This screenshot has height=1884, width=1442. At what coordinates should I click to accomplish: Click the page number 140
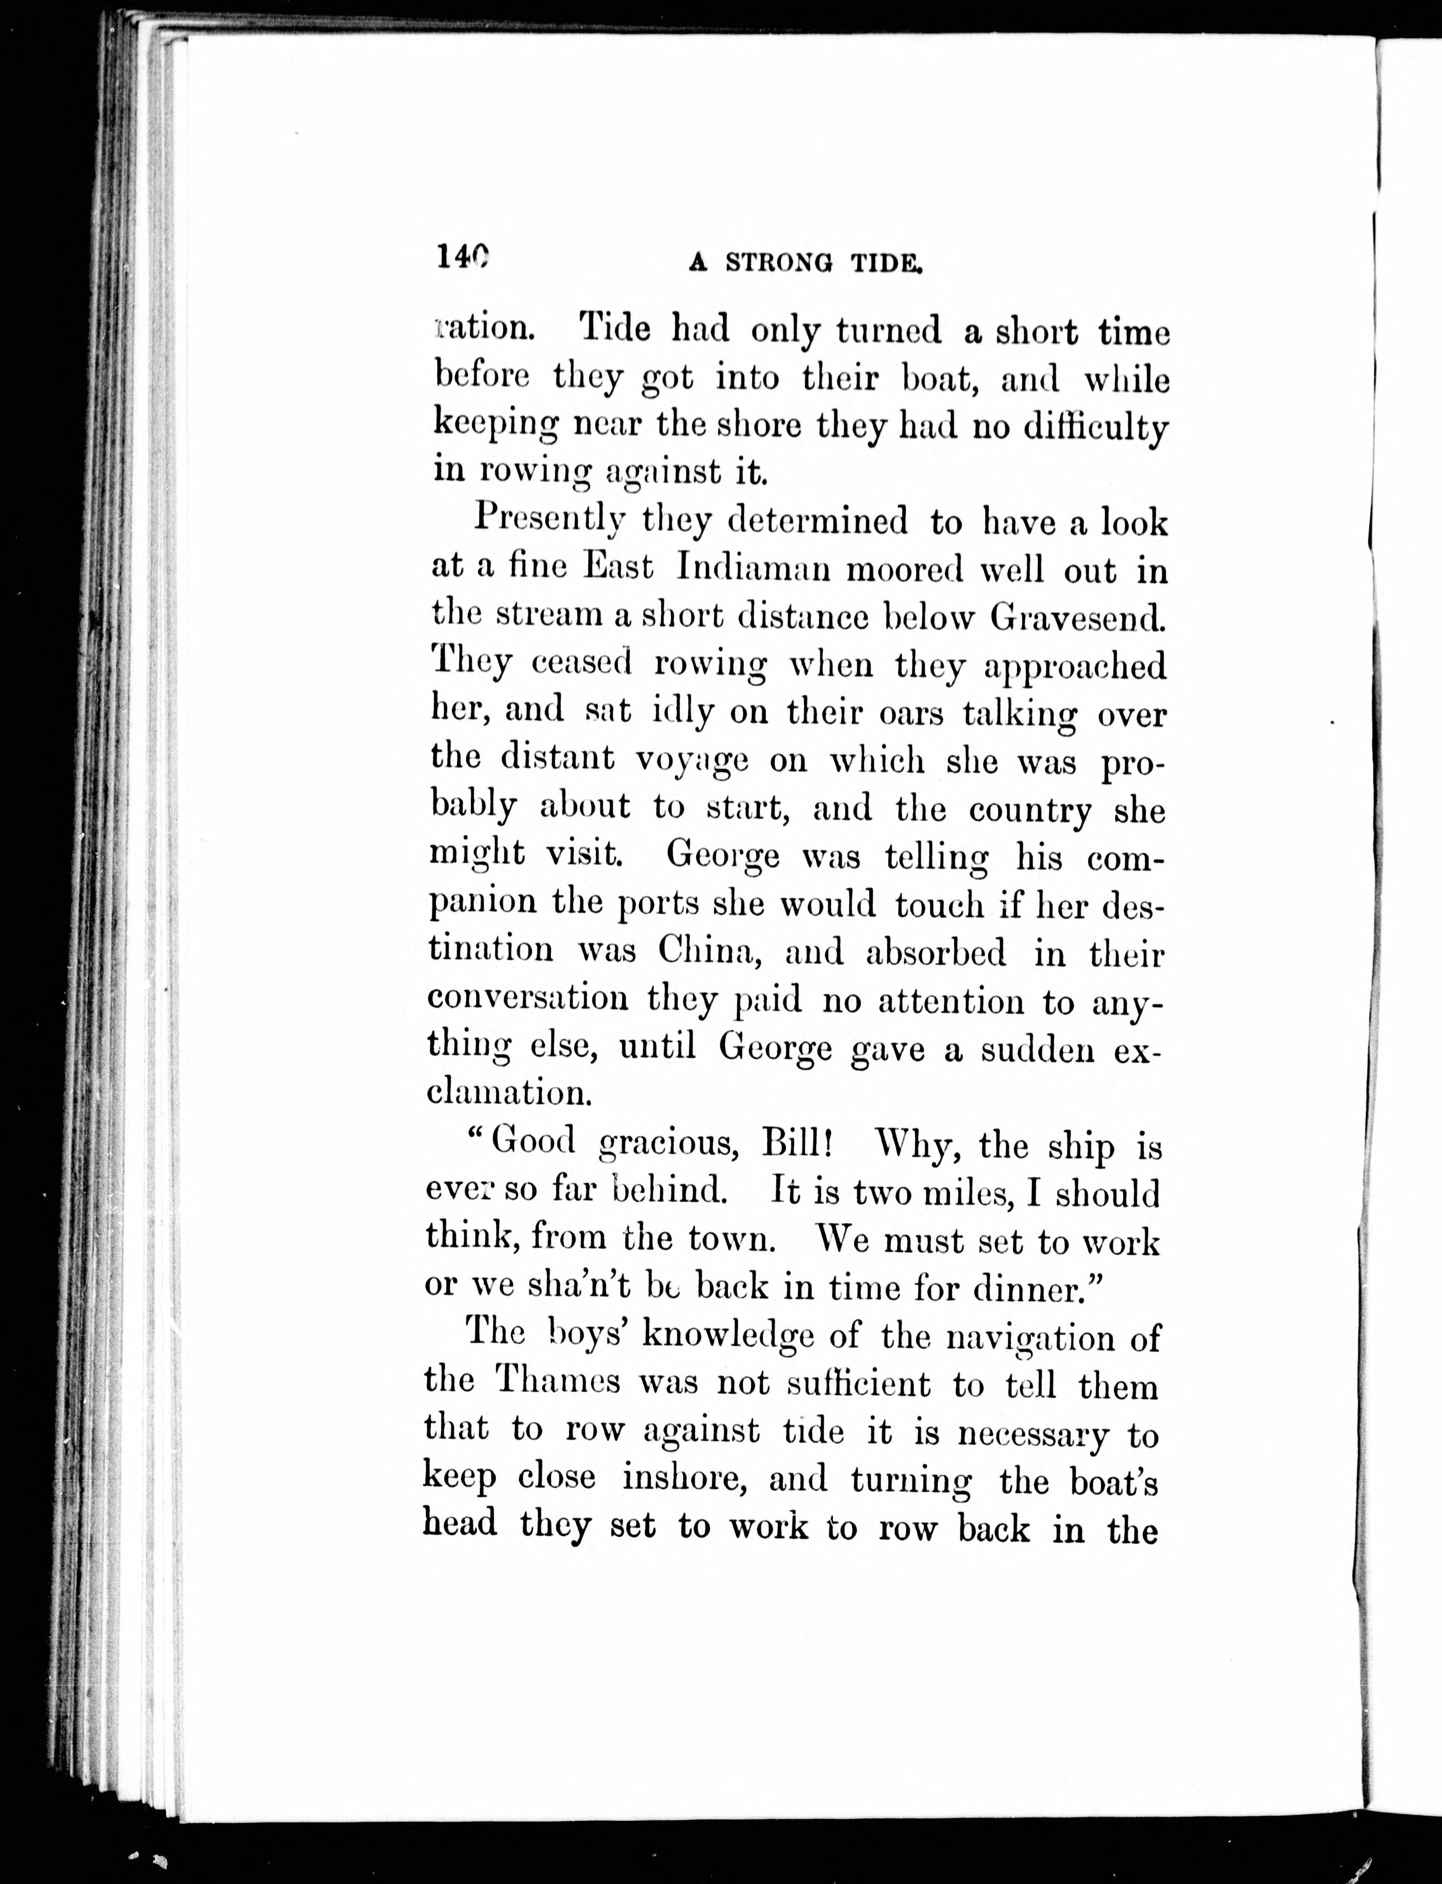click(x=462, y=257)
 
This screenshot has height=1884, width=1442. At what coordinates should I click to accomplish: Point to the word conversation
click(x=528, y=999)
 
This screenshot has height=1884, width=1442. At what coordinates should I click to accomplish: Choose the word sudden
click(x=1038, y=1049)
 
